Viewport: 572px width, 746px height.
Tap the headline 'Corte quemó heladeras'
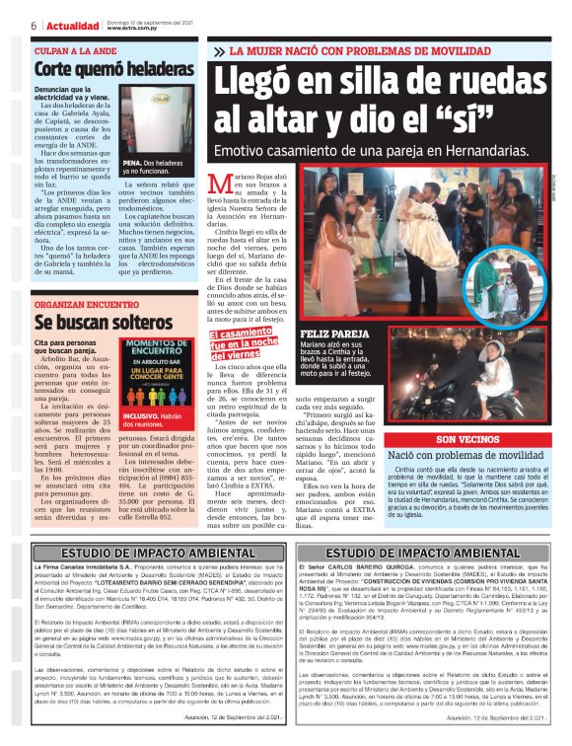pos(114,69)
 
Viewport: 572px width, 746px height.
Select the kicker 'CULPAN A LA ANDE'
pos(75,49)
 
